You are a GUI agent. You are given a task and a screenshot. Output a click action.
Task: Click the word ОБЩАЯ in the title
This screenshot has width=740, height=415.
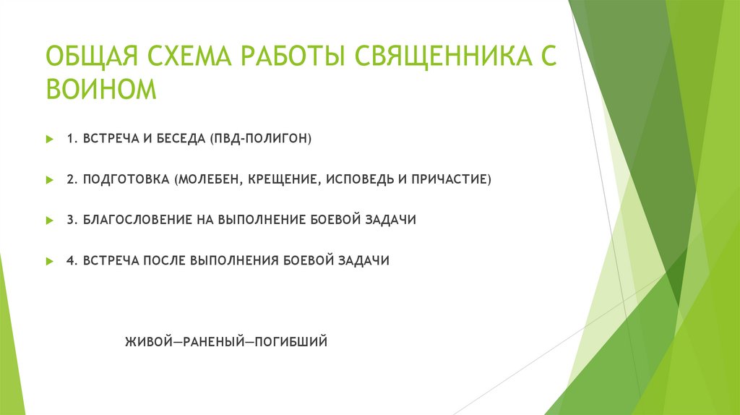click(92, 57)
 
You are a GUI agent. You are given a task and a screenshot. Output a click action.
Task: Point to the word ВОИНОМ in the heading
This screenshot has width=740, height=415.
click(100, 89)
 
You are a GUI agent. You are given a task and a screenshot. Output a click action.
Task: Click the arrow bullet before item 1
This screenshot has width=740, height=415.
click(49, 138)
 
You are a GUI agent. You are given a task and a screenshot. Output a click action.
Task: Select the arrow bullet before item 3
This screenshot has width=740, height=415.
click(49, 220)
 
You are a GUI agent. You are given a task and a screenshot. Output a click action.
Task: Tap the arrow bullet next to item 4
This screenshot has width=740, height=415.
click(49, 261)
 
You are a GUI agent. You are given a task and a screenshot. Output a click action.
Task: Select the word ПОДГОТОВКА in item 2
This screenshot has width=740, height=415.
click(125, 179)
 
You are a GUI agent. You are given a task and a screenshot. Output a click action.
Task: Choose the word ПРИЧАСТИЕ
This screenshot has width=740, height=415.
click(451, 179)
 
